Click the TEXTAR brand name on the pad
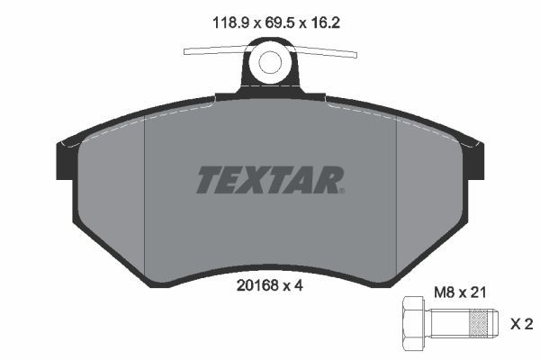pyautogui.click(x=267, y=179)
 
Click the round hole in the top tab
pyautogui.click(x=270, y=63)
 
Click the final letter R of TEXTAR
pyautogui.click(x=326, y=179)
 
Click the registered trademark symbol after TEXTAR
pyautogui.click(x=341, y=190)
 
